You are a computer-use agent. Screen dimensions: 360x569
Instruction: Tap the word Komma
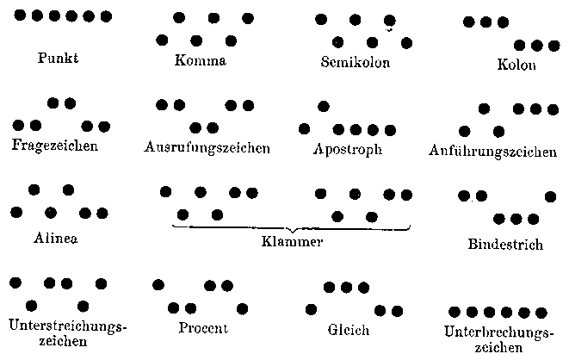tap(200, 61)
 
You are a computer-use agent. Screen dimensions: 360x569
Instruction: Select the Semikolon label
tap(355, 62)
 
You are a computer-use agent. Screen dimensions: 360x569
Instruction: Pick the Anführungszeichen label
tap(492, 152)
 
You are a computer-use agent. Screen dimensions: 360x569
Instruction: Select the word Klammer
tap(292, 242)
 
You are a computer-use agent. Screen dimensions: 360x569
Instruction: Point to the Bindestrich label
tap(505, 245)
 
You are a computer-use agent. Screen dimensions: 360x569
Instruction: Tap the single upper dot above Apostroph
tap(323, 107)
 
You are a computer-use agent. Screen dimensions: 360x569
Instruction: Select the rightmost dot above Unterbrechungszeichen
tap(541, 312)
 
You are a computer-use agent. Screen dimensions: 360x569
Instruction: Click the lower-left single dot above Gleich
tap(311, 308)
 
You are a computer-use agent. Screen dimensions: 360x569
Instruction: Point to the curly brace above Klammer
tap(292, 228)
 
